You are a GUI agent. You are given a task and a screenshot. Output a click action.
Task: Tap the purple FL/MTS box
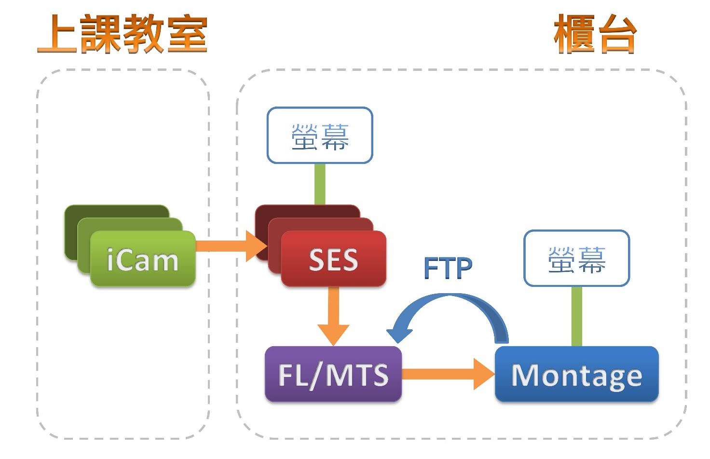click(x=333, y=374)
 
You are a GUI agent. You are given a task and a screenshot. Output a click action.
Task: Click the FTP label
click(x=448, y=268)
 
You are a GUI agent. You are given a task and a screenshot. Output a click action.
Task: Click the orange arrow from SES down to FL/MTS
click(x=333, y=313)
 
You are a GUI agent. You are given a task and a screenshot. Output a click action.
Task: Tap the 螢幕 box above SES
click(x=320, y=135)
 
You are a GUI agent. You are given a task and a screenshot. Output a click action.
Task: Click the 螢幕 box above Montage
click(x=576, y=258)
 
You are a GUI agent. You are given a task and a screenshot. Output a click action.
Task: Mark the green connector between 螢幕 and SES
click(x=320, y=184)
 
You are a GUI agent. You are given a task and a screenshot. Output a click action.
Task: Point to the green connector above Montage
click(x=576, y=316)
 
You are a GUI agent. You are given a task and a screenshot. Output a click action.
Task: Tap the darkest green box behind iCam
click(x=72, y=231)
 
